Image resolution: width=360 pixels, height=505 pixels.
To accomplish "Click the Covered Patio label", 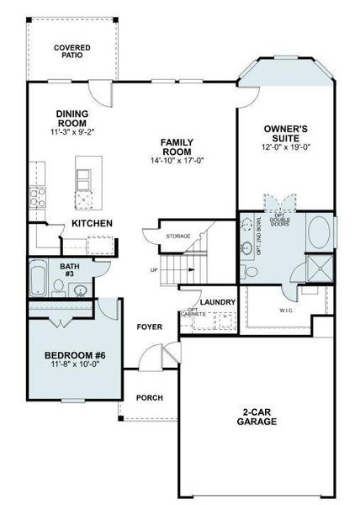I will (x=72, y=53).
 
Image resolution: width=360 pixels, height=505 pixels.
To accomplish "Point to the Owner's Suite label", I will (x=286, y=134).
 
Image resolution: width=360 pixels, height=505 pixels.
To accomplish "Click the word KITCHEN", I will (x=92, y=223).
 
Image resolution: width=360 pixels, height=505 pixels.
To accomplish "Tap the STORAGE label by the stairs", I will (x=178, y=236).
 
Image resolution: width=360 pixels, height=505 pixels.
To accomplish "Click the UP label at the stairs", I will (x=153, y=270).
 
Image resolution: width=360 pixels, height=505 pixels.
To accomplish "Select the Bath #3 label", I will (x=71, y=270).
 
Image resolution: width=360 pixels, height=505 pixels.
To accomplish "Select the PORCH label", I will (x=149, y=397).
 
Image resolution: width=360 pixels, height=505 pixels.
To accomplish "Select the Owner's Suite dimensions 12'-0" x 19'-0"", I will (x=286, y=147).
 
